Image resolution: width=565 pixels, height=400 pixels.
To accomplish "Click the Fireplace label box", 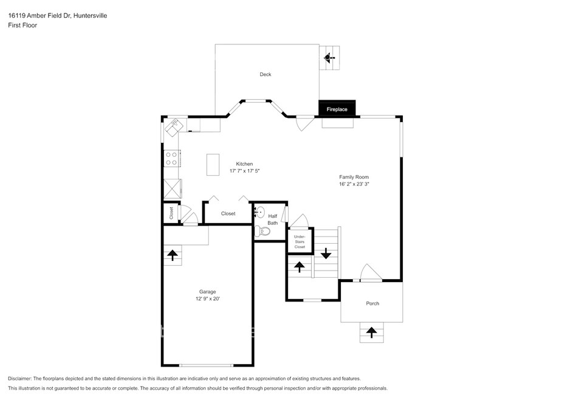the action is click(337, 109).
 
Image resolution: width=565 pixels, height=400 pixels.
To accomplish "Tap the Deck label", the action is click(265, 74).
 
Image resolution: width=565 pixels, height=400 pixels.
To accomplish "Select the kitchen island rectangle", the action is click(213, 165).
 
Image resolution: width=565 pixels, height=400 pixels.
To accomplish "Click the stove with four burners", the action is click(171, 159).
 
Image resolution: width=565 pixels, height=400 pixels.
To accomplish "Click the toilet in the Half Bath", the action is click(262, 231).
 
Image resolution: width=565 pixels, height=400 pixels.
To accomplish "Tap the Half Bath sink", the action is click(259, 212).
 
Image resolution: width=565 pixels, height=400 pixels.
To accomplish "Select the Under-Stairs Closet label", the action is click(300, 242).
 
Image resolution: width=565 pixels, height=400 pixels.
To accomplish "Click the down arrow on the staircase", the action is click(326, 253).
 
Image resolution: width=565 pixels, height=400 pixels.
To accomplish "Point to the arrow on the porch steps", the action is click(371, 332).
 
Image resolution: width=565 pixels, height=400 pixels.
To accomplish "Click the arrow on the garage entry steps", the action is click(173, 255).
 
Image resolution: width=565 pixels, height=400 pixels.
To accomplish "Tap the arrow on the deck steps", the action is click(328, 57).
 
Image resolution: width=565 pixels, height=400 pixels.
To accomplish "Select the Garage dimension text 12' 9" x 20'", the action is click(208, 298).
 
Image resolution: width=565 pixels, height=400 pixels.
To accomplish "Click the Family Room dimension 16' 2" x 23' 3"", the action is click(354, 184).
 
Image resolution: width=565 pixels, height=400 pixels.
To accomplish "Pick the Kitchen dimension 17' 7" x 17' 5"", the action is click(244, 171).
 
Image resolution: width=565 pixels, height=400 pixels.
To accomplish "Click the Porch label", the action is click(372, 303).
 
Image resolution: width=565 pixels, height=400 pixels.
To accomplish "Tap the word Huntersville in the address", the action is click(90, 16).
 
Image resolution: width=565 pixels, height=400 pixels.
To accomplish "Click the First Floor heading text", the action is click(22, 26).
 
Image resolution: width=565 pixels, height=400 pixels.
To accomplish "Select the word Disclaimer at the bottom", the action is click(20, 379).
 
